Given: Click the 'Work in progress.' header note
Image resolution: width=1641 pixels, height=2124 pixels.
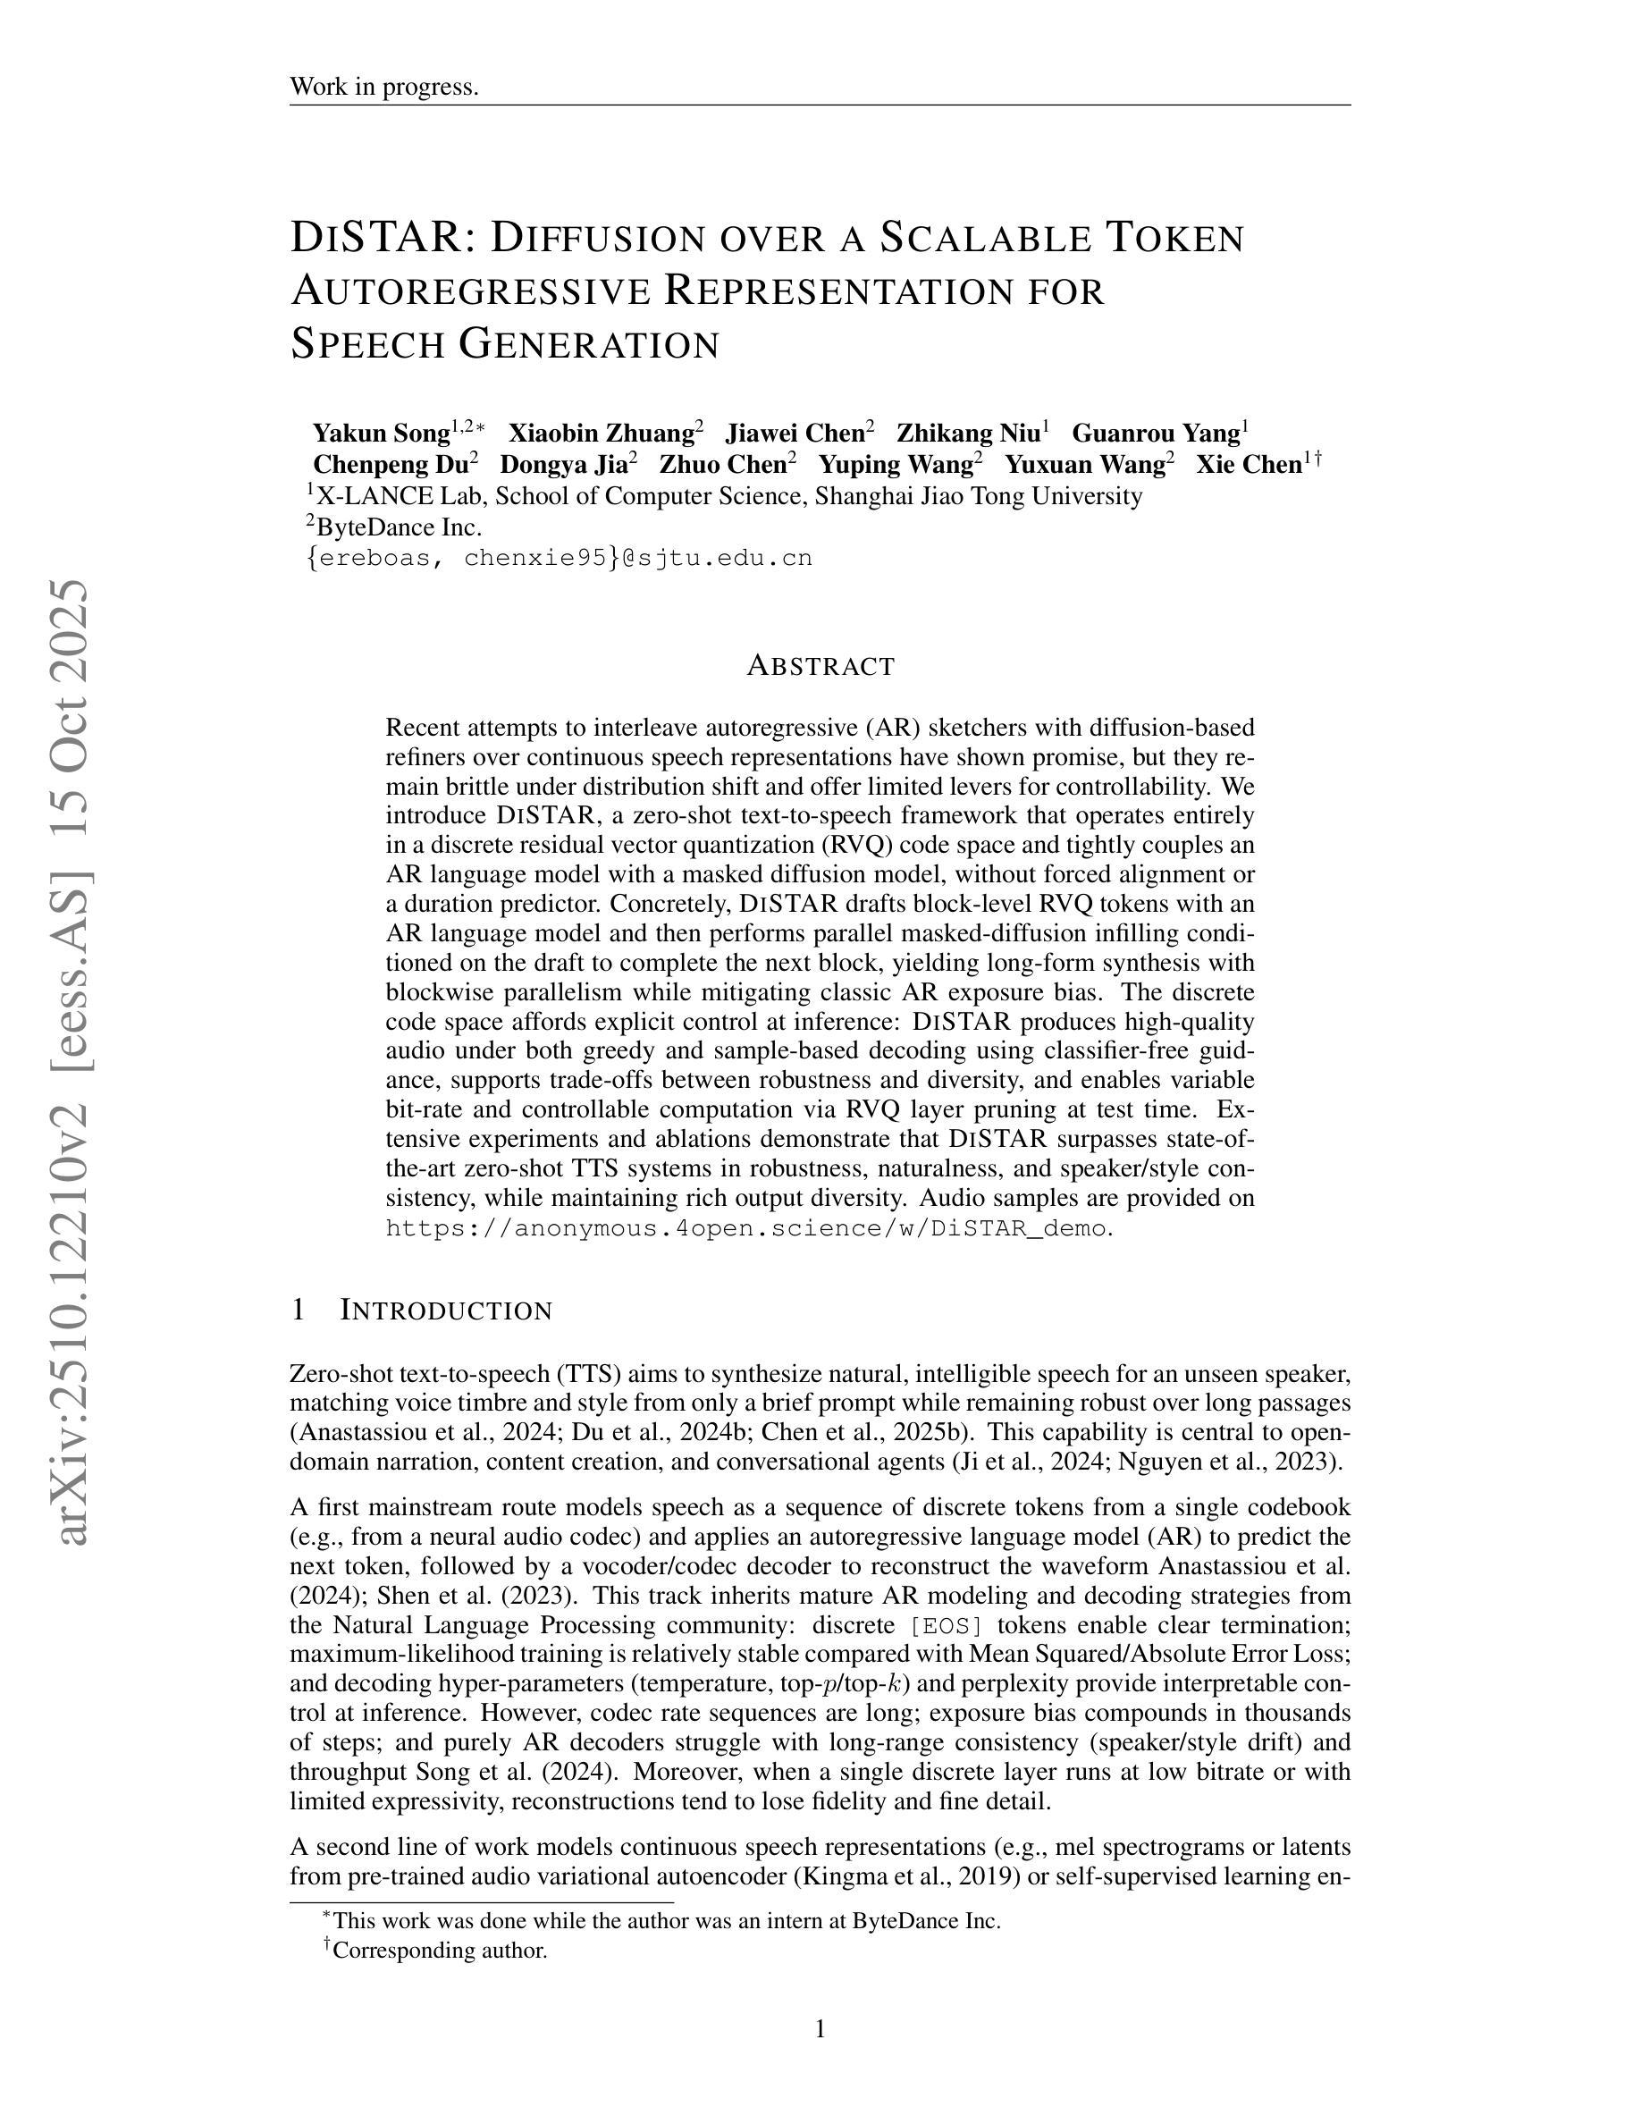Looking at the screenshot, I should [x=384, y=87].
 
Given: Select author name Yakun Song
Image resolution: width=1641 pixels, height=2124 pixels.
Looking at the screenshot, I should [x=380, y=433].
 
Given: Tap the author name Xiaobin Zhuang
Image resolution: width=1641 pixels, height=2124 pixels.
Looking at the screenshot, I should [x=600, y=433].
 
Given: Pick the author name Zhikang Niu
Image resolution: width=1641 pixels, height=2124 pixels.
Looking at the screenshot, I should [x=967, y=433].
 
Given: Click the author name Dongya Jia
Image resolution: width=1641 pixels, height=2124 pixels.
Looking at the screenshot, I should [x=563, y=465].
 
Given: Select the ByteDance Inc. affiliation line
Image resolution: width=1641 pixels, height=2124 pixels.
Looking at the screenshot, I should [x=398, y=527].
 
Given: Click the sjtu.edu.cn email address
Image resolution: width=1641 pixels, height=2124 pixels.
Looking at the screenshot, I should [x=559, y=558].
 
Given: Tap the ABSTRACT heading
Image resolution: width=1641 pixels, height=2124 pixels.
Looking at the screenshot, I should [x=820, y=666].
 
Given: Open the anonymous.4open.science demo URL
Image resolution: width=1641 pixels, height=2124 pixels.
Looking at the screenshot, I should [x=745, y=1228].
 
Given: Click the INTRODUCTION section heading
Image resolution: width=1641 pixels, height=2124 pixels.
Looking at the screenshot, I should [x=446, y=1311].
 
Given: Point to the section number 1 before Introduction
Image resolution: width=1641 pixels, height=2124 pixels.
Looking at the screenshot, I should [x=299, y=1311].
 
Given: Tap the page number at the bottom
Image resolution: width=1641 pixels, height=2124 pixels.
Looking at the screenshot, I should [x=820, y=2028].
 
